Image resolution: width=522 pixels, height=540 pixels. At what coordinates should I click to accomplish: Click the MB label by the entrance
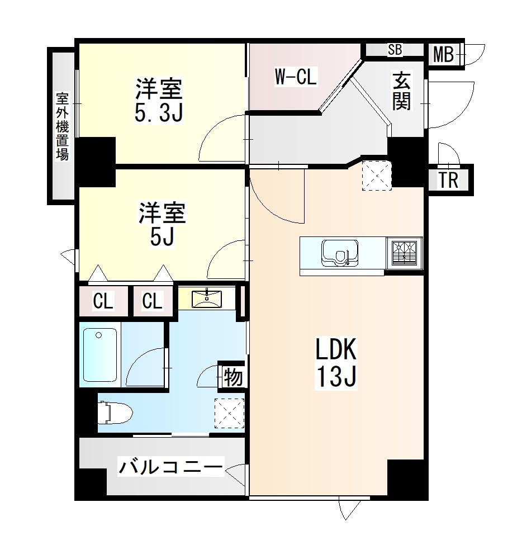443,54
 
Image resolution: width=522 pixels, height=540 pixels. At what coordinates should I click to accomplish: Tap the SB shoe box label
395,50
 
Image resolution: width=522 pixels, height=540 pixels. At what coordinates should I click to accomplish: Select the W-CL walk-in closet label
296,77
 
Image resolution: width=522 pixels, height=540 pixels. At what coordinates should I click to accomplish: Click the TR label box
448,180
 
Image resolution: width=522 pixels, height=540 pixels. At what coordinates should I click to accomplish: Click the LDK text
336,349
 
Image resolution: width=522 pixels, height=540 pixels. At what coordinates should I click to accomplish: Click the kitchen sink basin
339,253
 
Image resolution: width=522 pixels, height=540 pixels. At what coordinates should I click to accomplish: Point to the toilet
115,413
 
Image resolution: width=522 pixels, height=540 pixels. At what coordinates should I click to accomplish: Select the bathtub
100,355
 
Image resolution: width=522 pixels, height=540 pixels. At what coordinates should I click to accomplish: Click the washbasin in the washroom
206,299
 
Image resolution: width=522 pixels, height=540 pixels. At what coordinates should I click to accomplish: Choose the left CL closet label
103,301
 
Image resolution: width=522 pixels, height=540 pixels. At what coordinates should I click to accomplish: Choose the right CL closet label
152,301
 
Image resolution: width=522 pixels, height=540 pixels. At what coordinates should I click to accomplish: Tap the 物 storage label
233,377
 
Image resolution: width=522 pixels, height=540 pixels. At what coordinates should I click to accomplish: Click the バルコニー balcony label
171,467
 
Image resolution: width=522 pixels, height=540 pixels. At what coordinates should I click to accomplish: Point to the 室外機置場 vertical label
63,126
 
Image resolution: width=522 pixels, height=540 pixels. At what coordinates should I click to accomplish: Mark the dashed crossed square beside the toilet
229,413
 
